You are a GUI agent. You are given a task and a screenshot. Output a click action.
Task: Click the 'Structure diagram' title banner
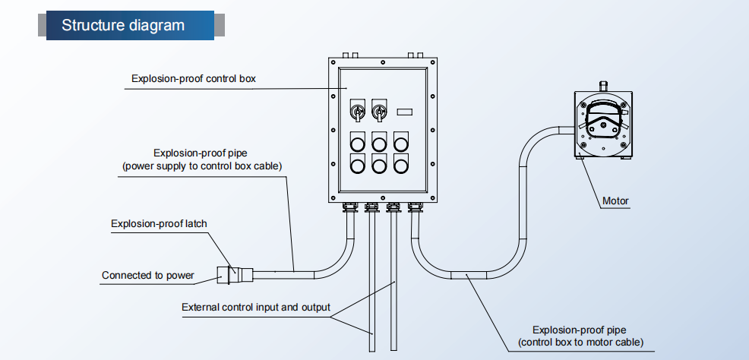(131, 25)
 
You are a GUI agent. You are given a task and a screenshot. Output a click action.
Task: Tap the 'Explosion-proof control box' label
(194, 79)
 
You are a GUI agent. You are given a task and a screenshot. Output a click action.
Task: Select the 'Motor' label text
(616, 201)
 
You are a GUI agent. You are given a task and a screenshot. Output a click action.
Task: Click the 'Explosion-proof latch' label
(159, 223)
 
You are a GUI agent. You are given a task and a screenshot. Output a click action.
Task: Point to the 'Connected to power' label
(148, 276)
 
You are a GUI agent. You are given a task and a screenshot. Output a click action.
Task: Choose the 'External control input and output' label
(255, 307)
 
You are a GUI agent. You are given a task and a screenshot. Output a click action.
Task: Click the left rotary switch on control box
(357, 110)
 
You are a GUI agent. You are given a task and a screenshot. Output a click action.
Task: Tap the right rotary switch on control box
(379, 110)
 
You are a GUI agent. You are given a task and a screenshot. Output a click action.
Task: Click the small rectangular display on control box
(405, 112)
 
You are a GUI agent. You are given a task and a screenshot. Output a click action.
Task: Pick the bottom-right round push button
(401, 164)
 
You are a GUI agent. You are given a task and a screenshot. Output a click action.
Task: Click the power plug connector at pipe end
(235, 274)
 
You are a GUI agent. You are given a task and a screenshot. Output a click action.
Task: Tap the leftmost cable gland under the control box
(349, 207)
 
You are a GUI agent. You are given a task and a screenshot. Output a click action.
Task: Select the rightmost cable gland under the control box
(415, 207)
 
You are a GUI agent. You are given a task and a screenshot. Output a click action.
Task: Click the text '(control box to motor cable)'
(581, 342)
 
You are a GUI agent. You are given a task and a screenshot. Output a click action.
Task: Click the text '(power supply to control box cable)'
(203, 166)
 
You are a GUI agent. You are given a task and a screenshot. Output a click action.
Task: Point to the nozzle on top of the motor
(602, 87)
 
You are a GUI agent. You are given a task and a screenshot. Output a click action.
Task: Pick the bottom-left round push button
(357, 164)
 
